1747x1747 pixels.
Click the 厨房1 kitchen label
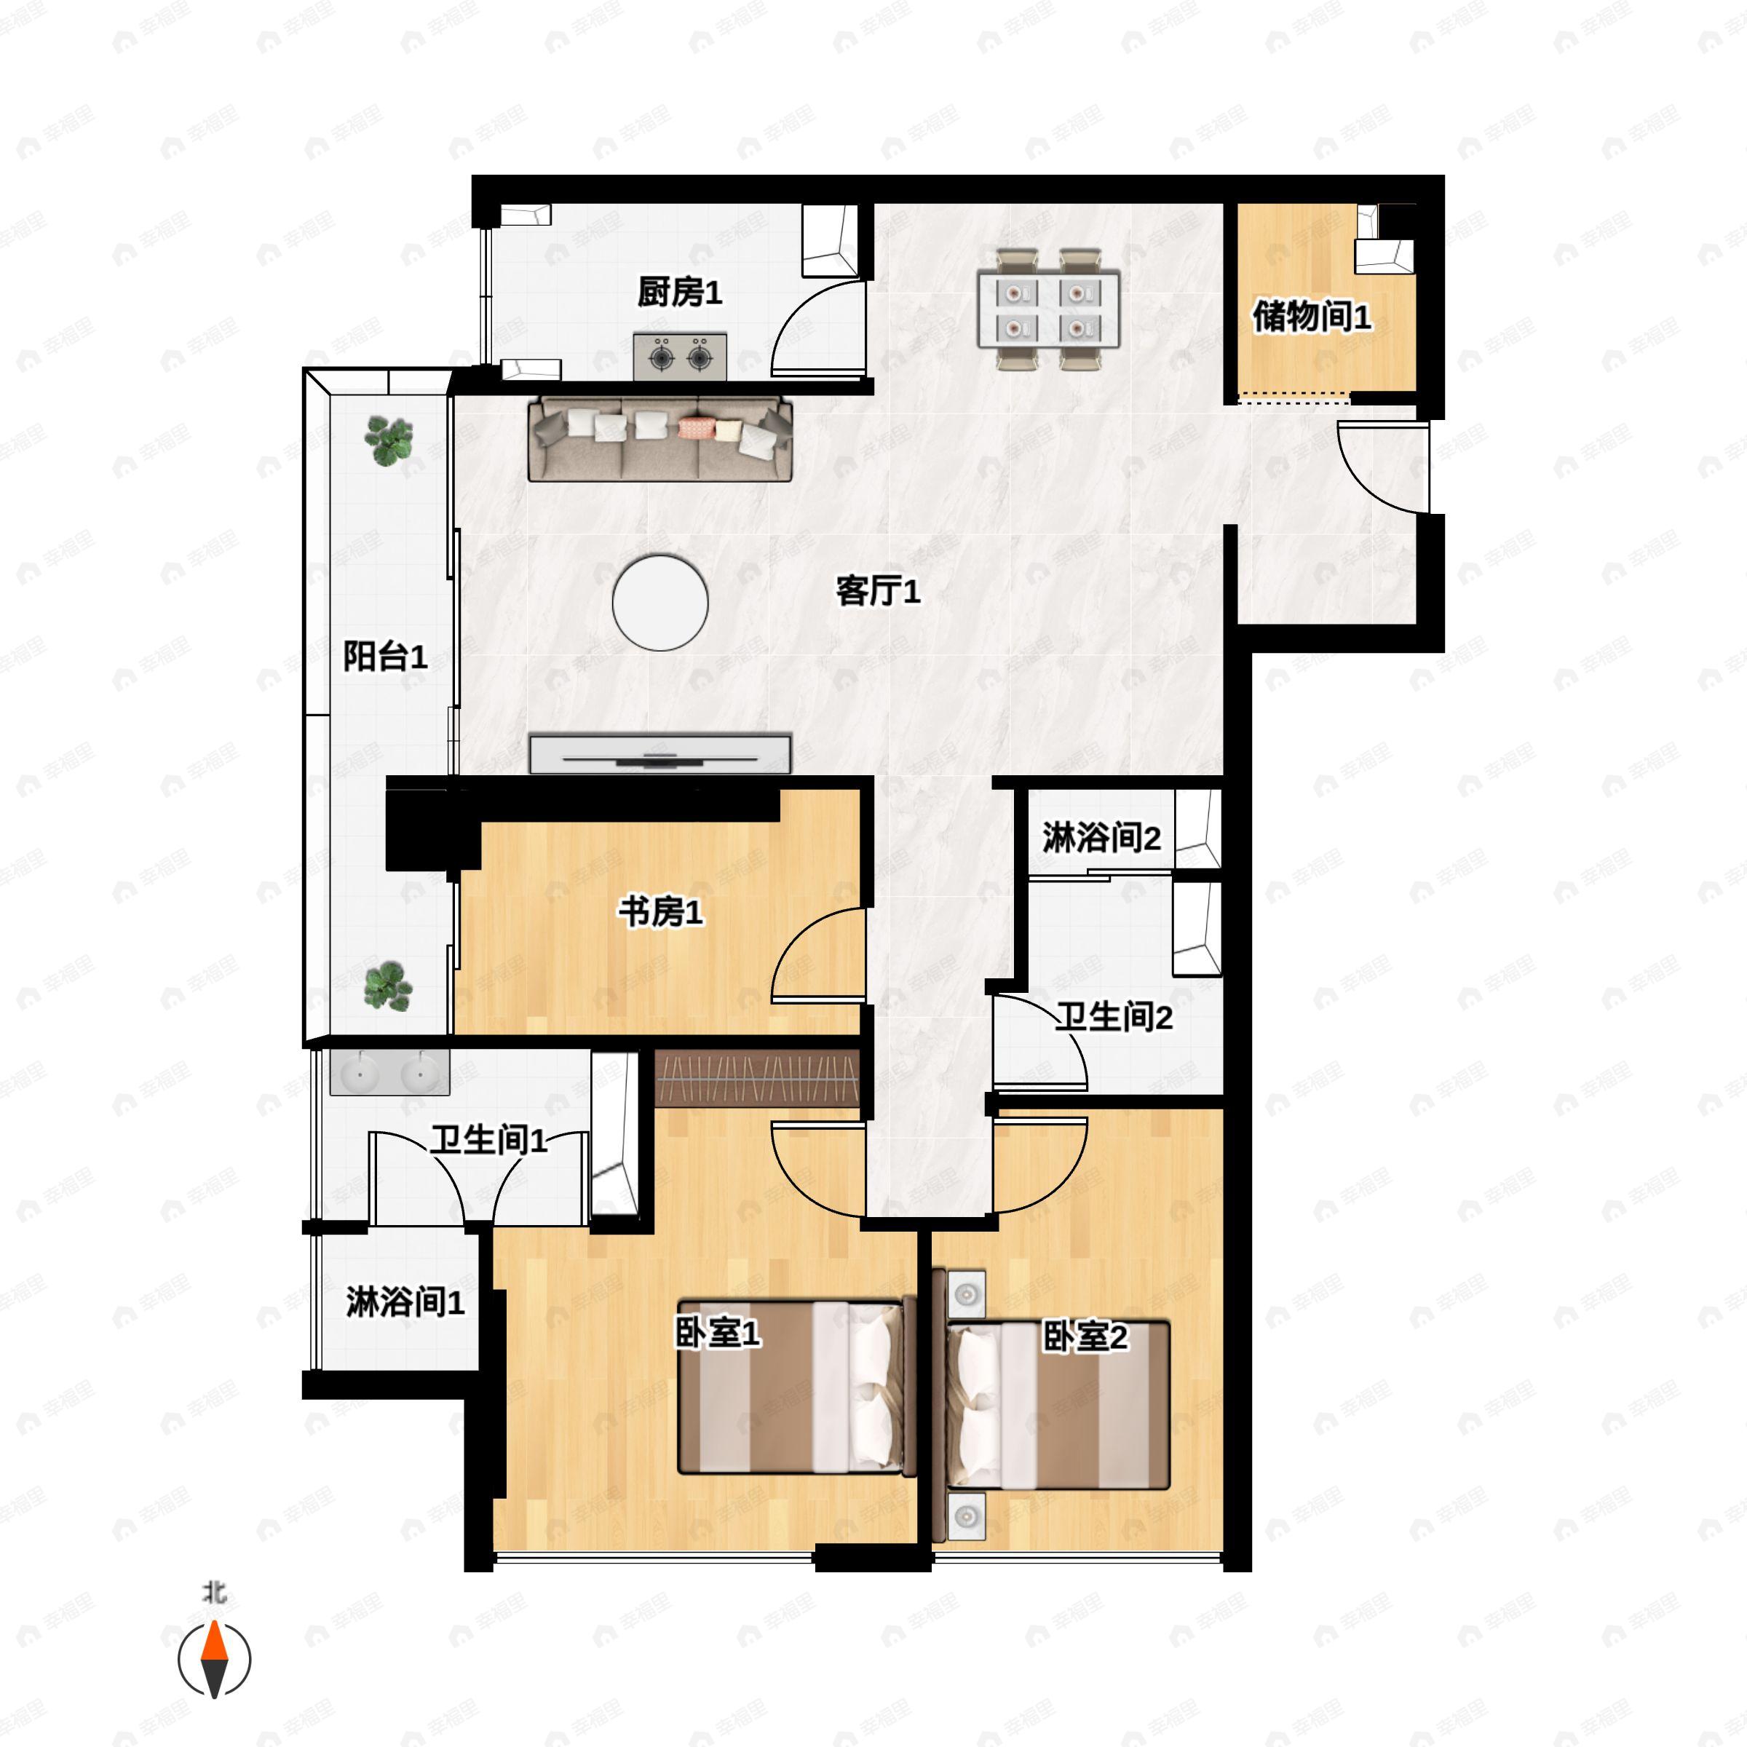click(679, 292)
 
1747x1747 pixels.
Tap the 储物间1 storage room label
click(1311, 317)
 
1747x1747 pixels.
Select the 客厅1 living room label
click(878, 591)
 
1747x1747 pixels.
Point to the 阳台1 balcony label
click(384, 657)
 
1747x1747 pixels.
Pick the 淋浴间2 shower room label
click(1101, 839)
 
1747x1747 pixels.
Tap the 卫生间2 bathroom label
click(1114, 1018)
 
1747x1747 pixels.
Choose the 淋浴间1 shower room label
click(405, 1302)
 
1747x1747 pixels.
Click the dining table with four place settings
click(1049, 309)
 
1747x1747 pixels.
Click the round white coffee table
click(660, 602)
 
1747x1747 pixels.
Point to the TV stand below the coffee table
click(660, 754)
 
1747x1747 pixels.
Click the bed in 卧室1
click(796, 1388)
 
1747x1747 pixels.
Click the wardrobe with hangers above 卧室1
click(757, 1078)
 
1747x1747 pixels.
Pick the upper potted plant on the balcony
click(389, 440)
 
